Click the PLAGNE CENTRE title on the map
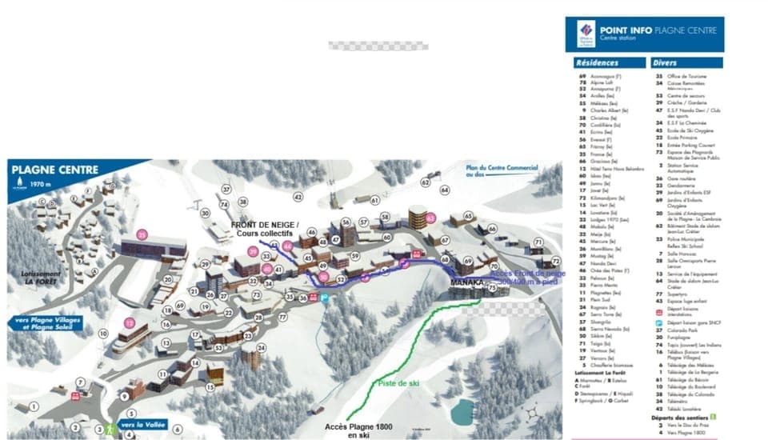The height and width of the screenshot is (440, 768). pyautogui.click(x=55, y=170)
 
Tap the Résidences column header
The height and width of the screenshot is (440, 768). pyautogui.click(x=597, y=62)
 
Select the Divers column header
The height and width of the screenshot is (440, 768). pyautogui.click(x=665, y=62)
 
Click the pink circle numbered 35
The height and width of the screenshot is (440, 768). pyautogui.click(x=142, y=235)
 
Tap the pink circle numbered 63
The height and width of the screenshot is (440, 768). pyautogui.click(x=430, y=217)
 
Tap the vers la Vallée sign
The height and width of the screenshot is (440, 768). pyautogui.click(x=144, y=425)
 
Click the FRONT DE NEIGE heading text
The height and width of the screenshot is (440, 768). pyautogui.click(x=265, y=225)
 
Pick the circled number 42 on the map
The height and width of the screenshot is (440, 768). pyautogui.click(x=298, y=197)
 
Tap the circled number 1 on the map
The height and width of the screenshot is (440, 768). pyautogui.click(x=34, y=407)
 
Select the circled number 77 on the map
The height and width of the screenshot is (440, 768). pyautogui.click(x=282, y=318)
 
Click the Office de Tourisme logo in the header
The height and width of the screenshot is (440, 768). pyautogui.click(x=587, y=33)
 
